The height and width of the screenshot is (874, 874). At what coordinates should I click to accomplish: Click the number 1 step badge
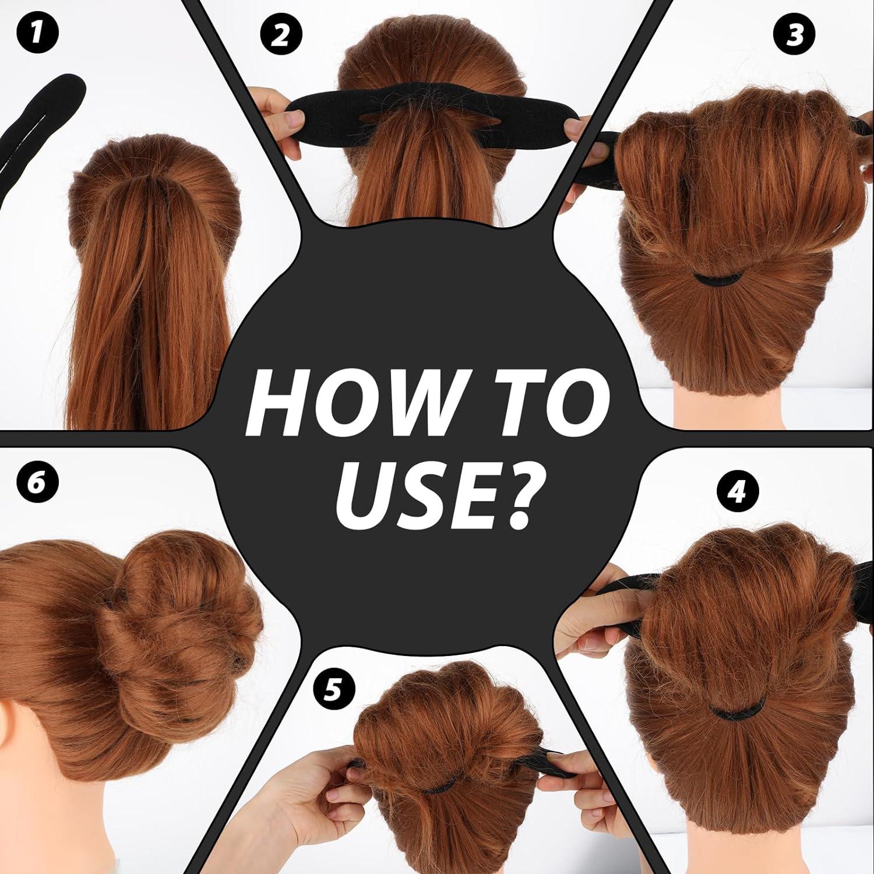coord(37,33)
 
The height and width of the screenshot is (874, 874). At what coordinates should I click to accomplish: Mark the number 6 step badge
coord(37,483)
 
